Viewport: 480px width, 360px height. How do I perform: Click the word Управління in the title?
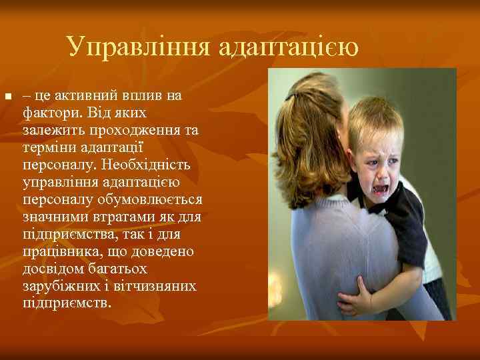click(x=138, y=47)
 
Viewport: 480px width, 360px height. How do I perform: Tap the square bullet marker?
click(x=7, y=98)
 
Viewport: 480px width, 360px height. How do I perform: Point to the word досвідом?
click(x=50, y=268)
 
